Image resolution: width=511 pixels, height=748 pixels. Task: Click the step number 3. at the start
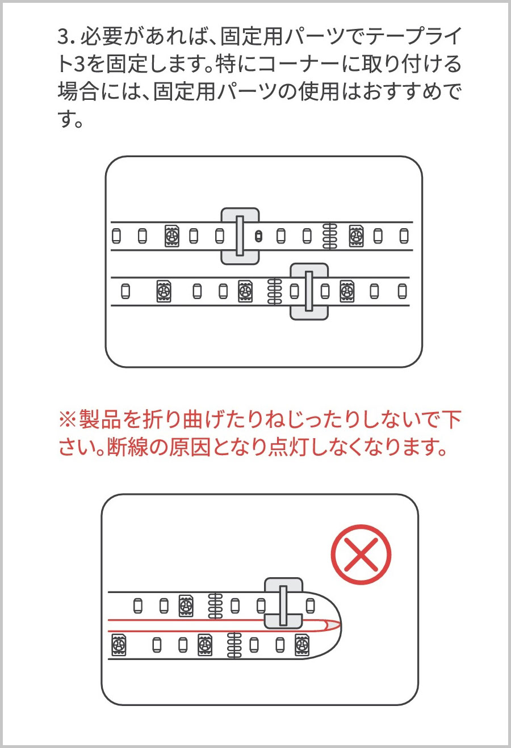[x=67, y=37]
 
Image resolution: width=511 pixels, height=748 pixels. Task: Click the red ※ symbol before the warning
[x=68, y=420]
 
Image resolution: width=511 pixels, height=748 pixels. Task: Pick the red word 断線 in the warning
[x=127, y=447]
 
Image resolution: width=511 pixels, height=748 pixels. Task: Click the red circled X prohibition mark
[x=361, y=554]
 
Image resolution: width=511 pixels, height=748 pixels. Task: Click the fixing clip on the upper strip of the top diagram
[x=240, y=236]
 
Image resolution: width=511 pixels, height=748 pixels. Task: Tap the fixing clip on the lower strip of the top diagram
[x=309, y=292]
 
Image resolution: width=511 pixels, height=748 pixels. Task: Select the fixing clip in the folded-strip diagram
[x=283, y=606]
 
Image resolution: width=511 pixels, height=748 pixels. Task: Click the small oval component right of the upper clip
[x=258, y=237]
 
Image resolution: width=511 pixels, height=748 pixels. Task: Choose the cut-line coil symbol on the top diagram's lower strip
[x=275, y=292]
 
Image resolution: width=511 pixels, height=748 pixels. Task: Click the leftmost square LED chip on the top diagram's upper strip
[x=172, y=236]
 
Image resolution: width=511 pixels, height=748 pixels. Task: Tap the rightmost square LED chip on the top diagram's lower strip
[x=347, y=292]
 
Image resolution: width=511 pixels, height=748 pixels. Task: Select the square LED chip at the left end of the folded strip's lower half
[x=119, y=645]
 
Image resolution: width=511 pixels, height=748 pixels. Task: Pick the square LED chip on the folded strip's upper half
[x=186, y=606]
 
